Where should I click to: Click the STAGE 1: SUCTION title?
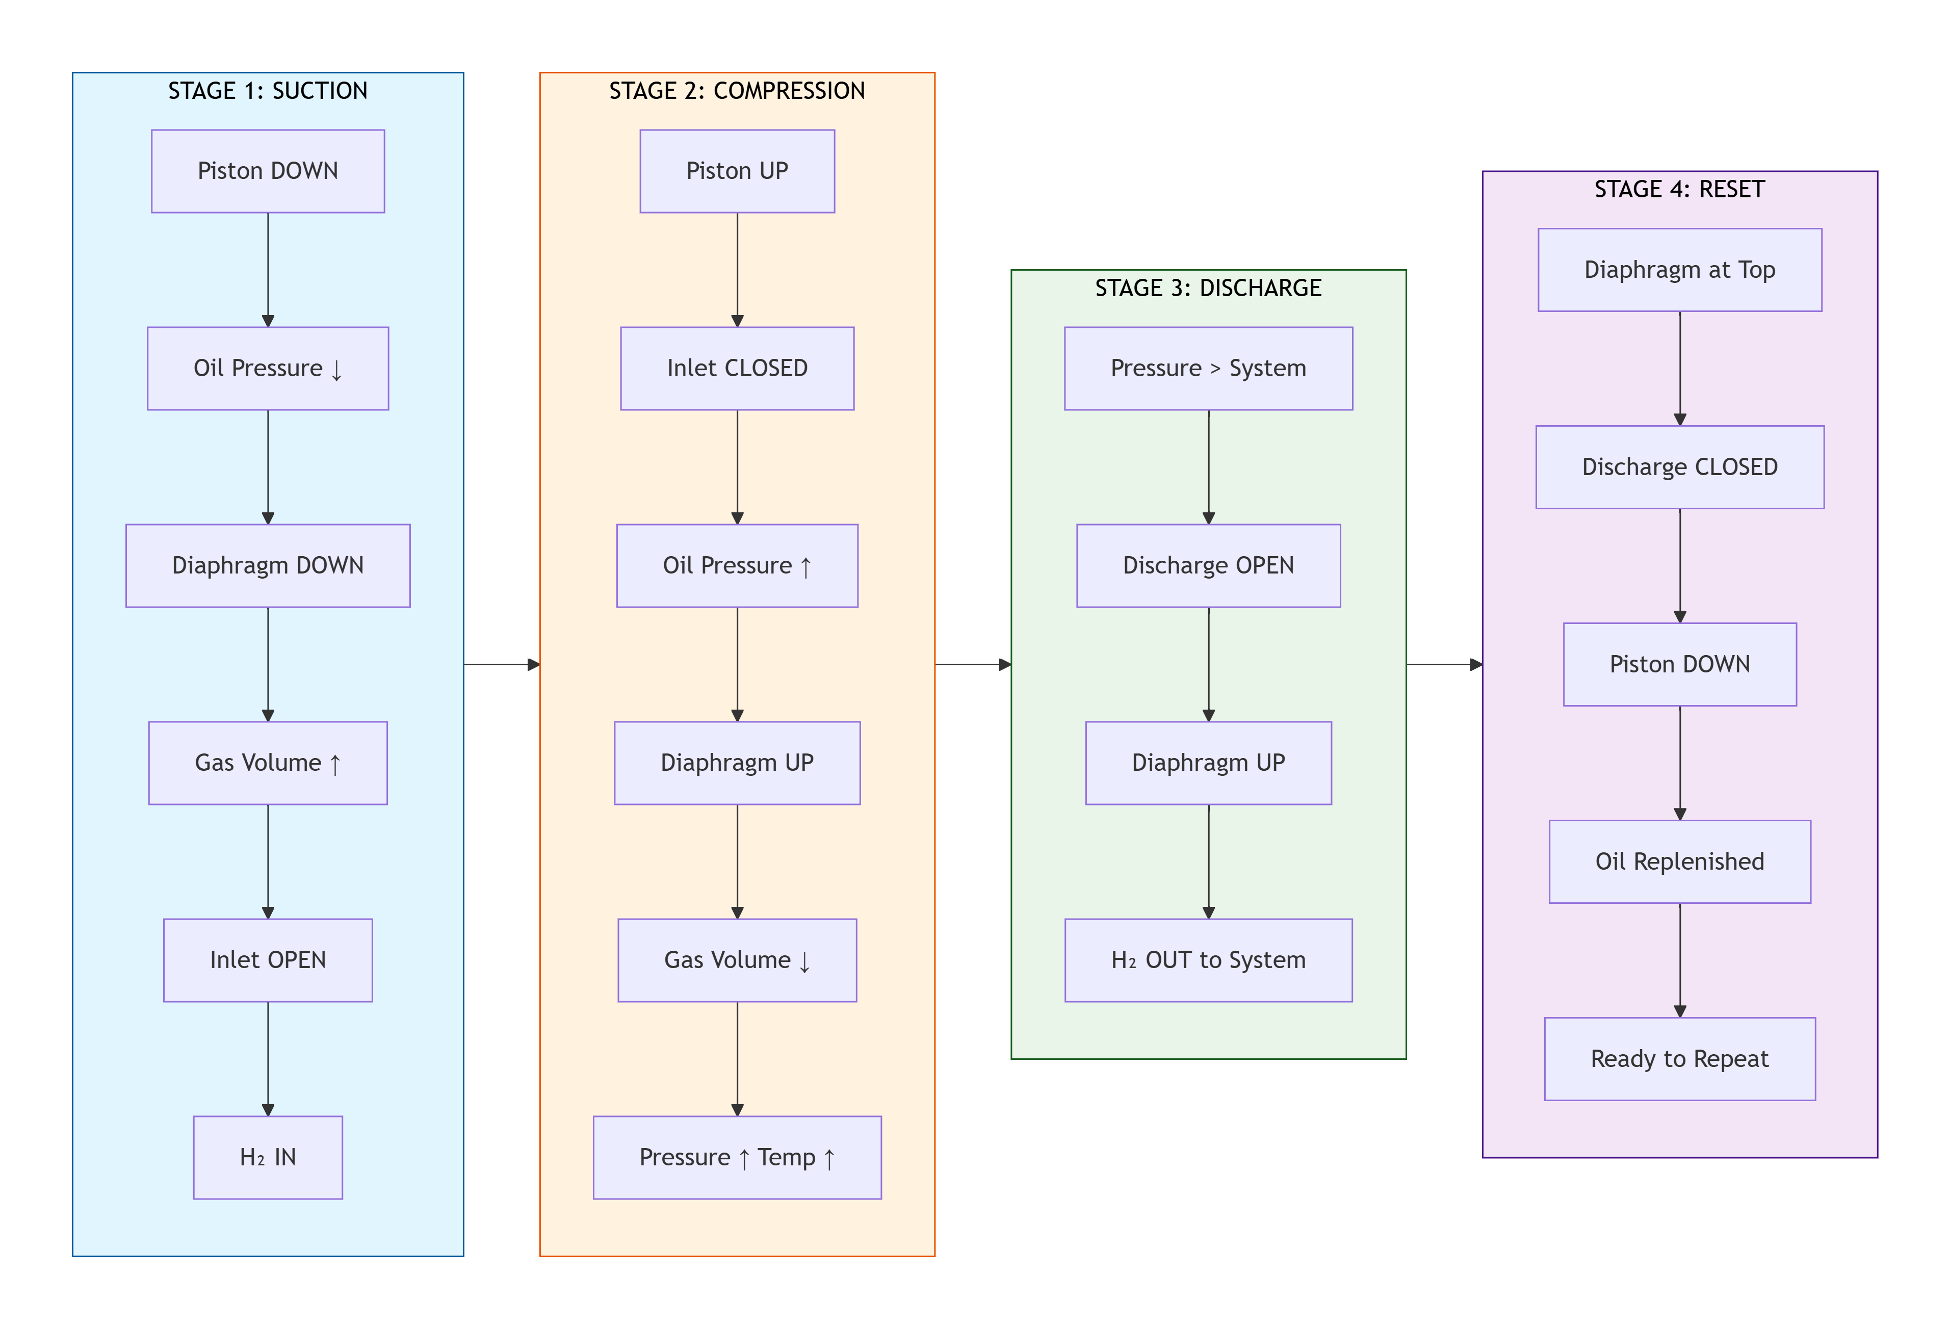[x=268, y=91]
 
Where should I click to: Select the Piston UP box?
[x=737, y=171]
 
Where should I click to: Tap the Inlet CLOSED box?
[x=737, y=369]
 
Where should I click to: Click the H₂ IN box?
[x=268, y=1157]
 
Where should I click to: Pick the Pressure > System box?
[x=1208, y=369]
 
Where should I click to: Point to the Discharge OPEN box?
[x=1208, y=565]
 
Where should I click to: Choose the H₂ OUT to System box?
[x=1208, y=960]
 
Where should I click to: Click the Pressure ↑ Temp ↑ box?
[x=737, y=1157]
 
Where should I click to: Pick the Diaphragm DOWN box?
[x=268, y=565]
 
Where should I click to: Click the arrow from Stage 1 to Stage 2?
[x=501, y=665]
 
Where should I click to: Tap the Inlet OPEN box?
[x=268, y=960]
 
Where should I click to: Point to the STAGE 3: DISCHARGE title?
[x=1208, y=288]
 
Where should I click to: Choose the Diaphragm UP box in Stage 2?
[x=737, y=763]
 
